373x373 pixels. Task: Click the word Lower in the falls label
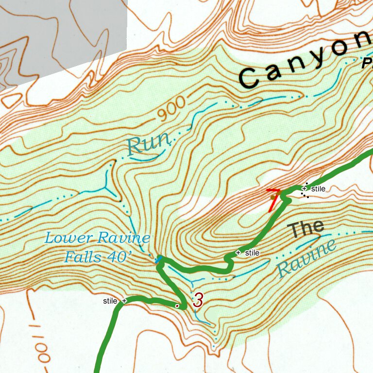68,238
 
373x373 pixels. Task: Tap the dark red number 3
198,300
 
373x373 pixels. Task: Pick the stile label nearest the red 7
318,188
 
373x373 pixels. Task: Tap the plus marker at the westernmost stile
124,301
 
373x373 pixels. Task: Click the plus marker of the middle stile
238,253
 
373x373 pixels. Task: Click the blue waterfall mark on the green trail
158,260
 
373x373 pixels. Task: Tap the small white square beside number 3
177,306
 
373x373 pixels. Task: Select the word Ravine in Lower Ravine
123,238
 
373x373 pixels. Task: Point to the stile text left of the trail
110,301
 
